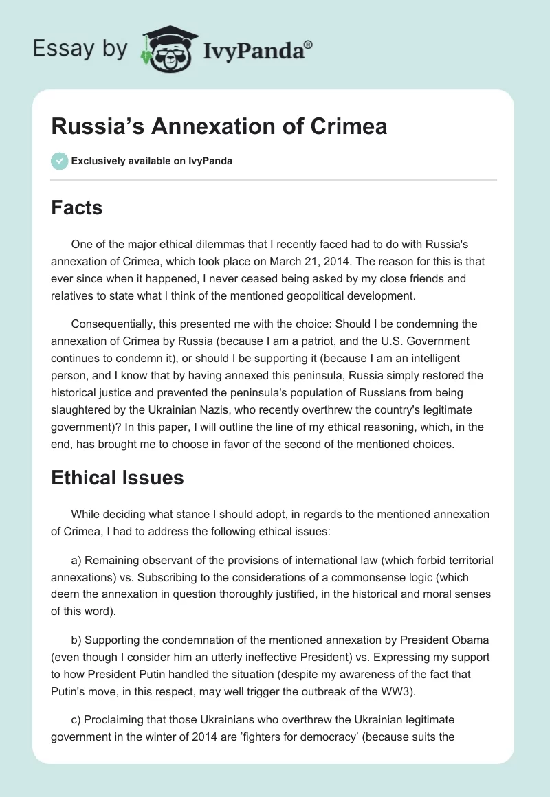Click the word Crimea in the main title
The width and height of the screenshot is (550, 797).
coord(349,126)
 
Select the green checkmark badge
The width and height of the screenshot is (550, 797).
coord(59,161)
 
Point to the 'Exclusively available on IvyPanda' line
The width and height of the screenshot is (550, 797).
coord(151,161)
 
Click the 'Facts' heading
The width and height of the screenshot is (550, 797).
coord(77,207)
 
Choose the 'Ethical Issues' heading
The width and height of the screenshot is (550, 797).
coord(118,478)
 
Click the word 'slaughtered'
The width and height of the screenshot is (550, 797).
coord(83,409)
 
